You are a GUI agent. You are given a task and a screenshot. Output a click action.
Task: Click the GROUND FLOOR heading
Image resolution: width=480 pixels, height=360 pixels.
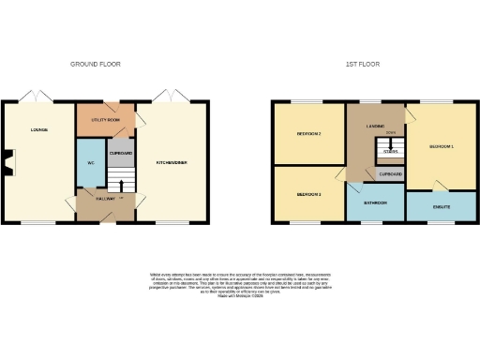96,64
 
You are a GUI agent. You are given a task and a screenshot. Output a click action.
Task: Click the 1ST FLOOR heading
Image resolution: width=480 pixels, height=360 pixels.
361,64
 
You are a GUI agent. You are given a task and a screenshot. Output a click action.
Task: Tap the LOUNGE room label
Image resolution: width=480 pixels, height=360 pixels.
38,129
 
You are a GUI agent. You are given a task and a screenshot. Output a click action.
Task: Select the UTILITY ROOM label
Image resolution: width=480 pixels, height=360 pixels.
104,120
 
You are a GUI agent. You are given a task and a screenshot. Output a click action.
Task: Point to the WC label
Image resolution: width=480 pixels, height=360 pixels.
91,162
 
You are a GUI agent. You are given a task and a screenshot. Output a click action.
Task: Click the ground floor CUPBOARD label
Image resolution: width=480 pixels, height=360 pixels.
121,152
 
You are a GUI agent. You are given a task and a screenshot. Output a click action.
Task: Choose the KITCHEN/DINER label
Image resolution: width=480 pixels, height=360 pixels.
172,162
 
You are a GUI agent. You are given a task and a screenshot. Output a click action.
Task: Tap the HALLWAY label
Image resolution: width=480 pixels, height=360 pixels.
104,198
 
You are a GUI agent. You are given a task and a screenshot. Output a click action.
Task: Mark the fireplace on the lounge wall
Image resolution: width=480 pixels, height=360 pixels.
8,162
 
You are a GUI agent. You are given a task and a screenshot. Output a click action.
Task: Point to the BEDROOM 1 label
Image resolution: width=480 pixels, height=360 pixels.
442,147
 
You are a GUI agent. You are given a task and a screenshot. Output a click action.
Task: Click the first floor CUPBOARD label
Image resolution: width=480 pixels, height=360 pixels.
390,174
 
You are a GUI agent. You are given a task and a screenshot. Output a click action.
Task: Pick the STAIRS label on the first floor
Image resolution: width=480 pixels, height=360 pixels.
390,151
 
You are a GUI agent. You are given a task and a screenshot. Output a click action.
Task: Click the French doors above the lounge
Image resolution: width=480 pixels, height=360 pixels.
38,97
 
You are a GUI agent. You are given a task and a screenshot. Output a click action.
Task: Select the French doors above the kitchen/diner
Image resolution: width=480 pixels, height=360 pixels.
172,97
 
